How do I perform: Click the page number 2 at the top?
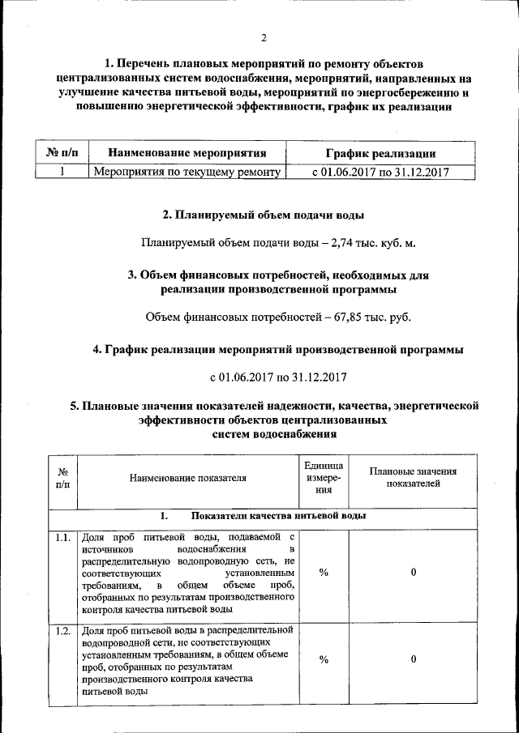(264, 38)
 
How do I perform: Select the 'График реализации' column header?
(380, 152)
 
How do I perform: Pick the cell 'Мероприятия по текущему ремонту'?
(187, 172)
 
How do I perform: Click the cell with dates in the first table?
(380, 172)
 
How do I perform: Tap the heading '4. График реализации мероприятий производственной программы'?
(278, 350)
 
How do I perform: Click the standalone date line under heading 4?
(278, 377)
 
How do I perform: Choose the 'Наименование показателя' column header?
(187, 478)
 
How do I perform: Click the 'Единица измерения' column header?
(324, 478)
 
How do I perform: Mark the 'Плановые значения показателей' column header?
(413, 478)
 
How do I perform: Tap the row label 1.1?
(62, 538)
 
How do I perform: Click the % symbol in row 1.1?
(324, 573)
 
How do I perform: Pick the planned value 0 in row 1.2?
(413, 659)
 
